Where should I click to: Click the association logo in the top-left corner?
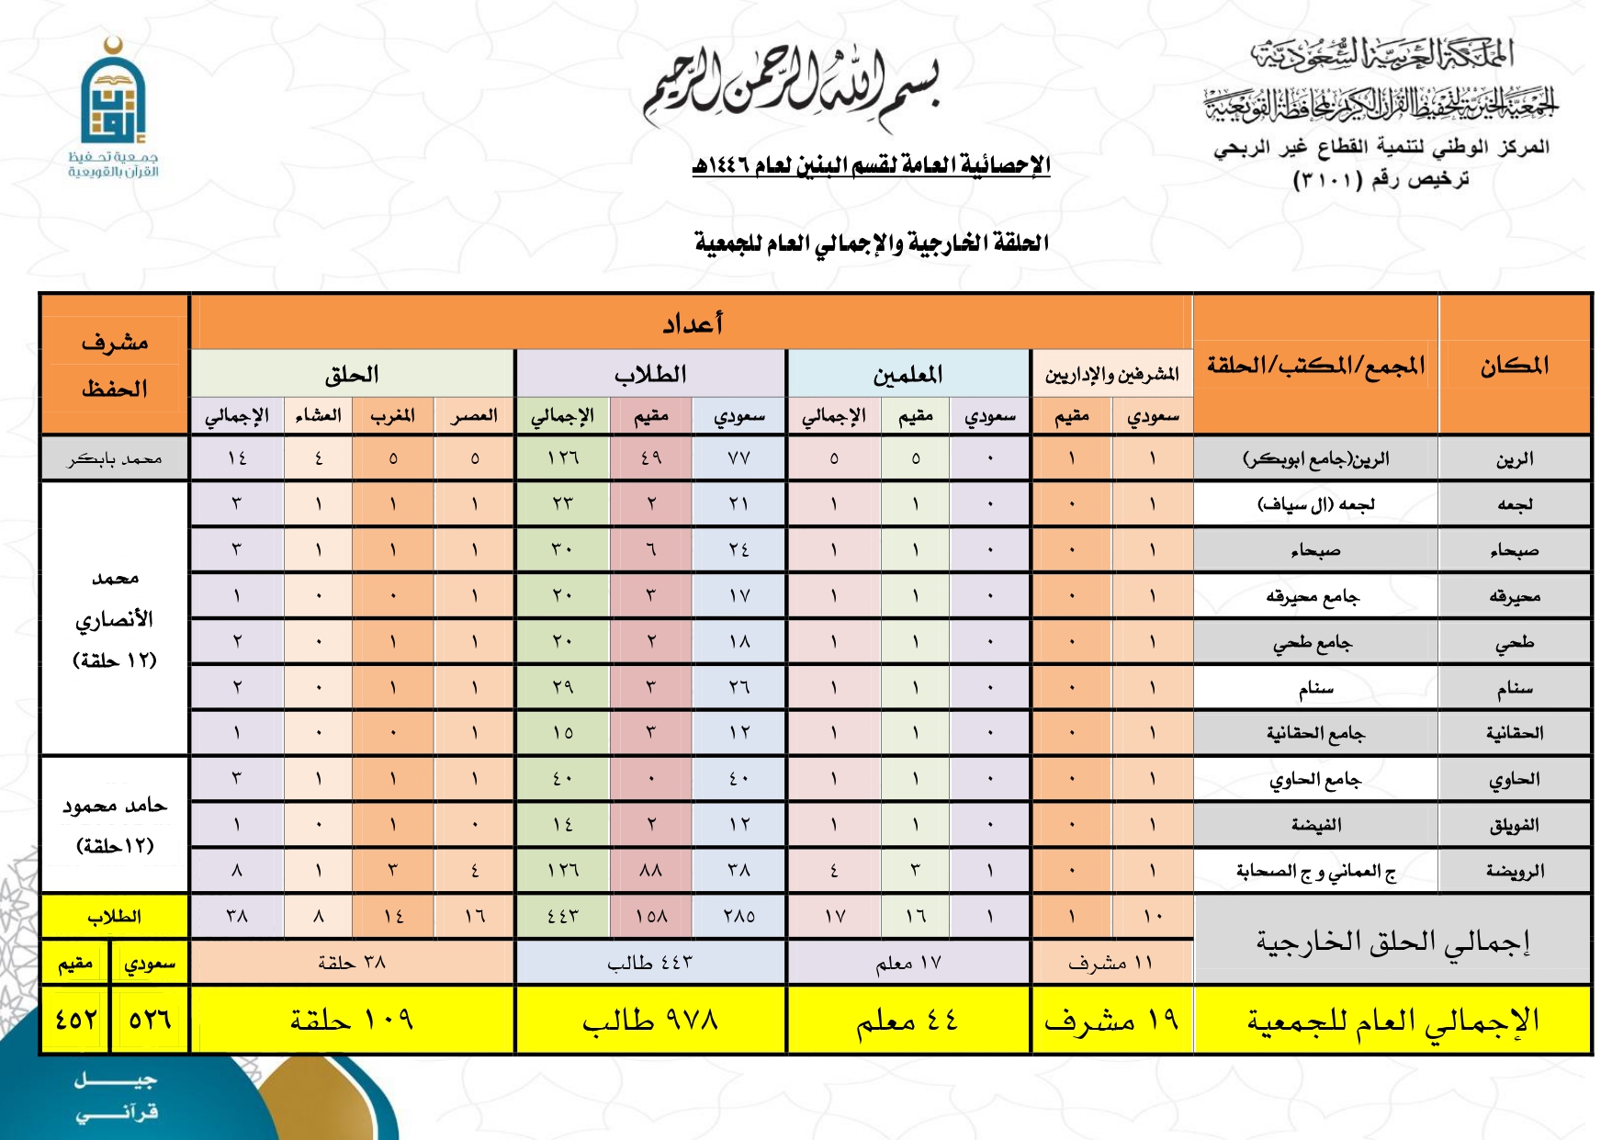[x=112, y=108]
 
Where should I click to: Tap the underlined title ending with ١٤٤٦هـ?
[x=871, y=165]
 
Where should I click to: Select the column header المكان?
[x=1514, y=365]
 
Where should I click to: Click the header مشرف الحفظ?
[x=114, y=365]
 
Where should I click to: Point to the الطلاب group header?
[x=650, y=374]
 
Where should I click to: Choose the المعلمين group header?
[x=907, y=374]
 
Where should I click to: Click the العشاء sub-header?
[x=318, y=416]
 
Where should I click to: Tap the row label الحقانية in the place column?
[x=1514, y=733]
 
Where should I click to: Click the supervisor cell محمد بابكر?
[x=114, y=458]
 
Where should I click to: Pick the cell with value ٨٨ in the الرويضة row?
[x=650, y=870]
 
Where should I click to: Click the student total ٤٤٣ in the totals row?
[x=562, y=916]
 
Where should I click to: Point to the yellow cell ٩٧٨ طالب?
[x=650, y=1020]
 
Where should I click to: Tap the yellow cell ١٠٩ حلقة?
[x=351, y=1020]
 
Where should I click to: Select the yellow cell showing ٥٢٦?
[x=150, y=1020]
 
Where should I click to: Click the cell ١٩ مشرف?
[x=1111, y=1020]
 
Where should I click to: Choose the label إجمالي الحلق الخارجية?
[x=1392, y=941]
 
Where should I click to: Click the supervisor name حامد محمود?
[x=114, y=807]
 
